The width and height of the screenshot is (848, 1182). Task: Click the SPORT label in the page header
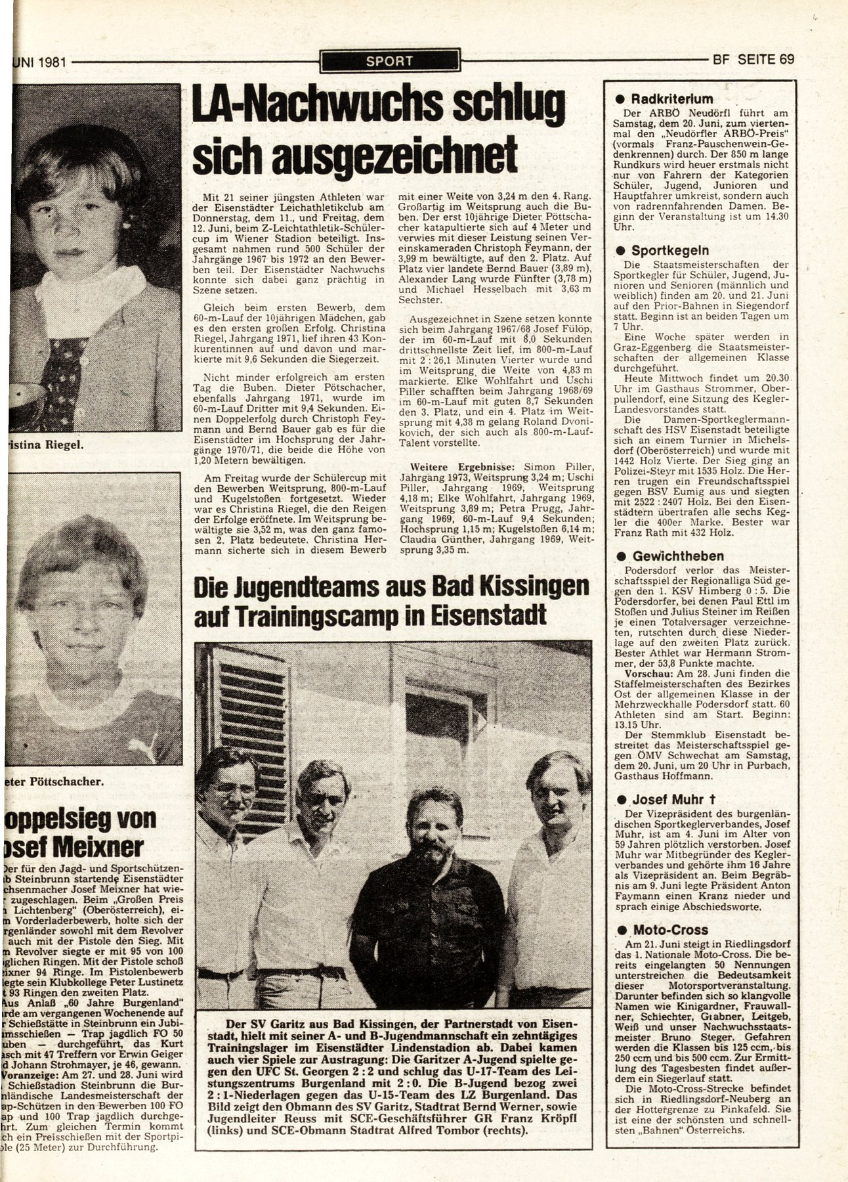[x=390, y=62]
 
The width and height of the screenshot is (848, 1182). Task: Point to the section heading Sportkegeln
[x=669, y=250]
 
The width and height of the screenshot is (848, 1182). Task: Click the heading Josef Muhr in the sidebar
[x=676, y=800]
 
